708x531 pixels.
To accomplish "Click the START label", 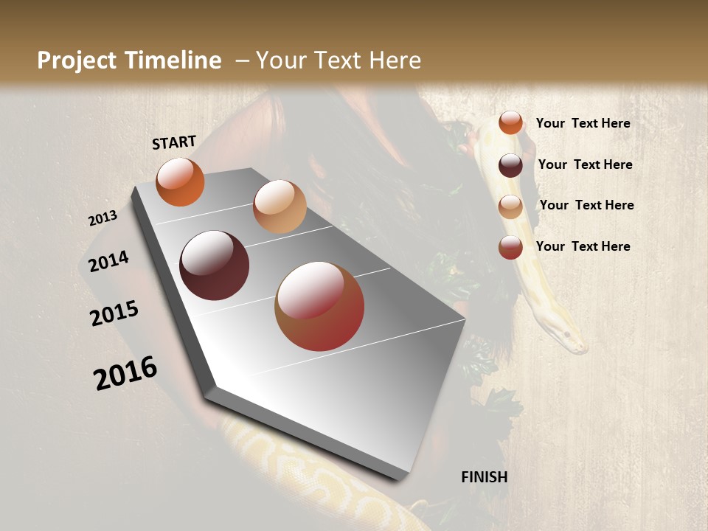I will (x=174, y=142).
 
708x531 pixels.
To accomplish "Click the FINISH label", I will (x=485, y=477).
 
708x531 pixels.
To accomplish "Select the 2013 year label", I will (x=103, y=218).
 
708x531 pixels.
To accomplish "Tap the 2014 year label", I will (x=108, y=261).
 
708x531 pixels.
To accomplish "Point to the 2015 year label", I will (x=114, y=313).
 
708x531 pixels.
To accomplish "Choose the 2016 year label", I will (x=125, y=372).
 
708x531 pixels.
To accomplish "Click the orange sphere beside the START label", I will (x=180, y=181).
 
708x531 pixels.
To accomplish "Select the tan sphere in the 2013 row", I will (x=280, y=206).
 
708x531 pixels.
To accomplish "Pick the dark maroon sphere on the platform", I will (x=214, y=265).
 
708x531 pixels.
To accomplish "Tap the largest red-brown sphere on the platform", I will (x=319, y=306).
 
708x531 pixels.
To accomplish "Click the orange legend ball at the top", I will (x=510, y=122).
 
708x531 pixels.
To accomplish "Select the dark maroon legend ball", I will (x=510, y=164).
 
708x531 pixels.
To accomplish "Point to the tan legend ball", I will (x=510, y=206).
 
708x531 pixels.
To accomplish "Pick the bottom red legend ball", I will (x=510, y=247).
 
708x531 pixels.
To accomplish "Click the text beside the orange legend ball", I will (x=583, y=123).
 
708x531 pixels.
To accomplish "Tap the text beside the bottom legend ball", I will (x=583, y=246).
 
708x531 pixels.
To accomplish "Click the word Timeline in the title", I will (x=174, y=60).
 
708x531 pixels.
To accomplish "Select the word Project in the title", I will (x=77, y=60).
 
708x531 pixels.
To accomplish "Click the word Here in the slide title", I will (x=395, y=60).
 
